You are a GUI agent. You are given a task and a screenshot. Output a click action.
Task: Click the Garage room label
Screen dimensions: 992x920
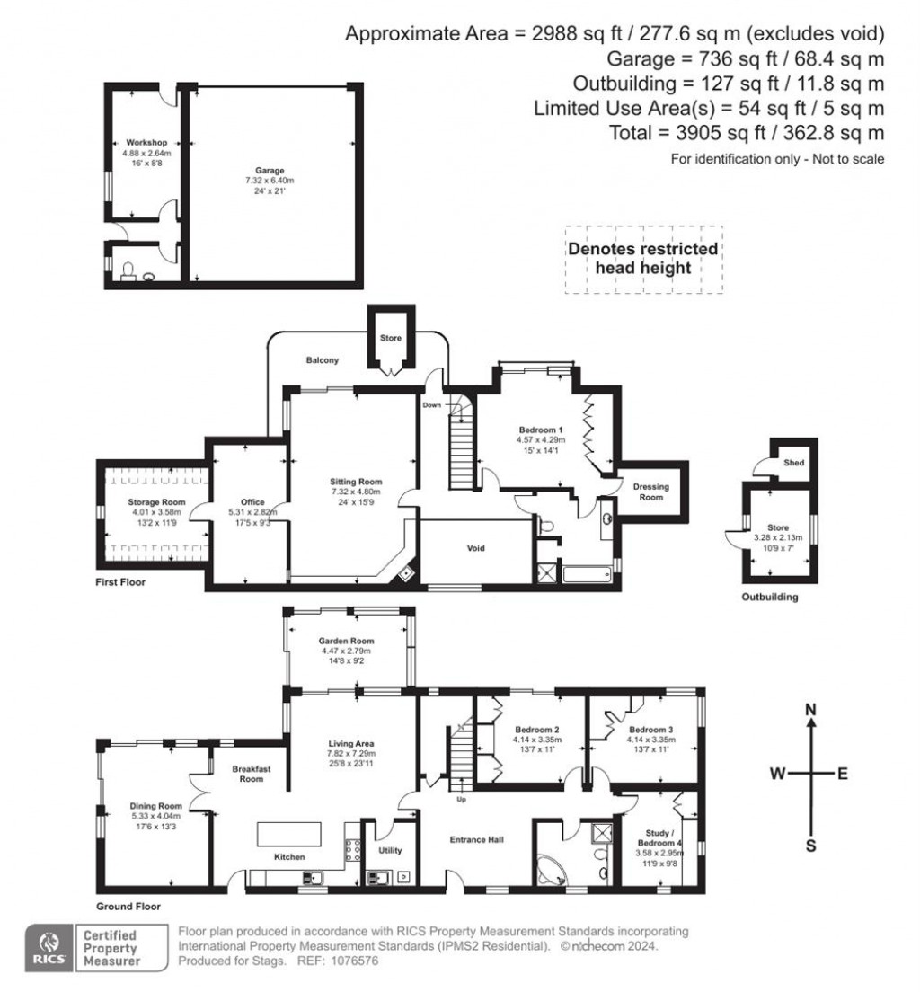click(269, 170)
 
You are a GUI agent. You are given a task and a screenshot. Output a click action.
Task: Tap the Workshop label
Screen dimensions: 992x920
click(146, 142)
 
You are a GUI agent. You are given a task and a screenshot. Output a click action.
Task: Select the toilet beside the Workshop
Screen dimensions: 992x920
click(128, 271)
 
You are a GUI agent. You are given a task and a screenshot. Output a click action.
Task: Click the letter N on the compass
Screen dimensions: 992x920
click(810, 710)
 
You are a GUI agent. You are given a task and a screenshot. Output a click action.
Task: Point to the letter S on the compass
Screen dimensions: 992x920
click(810, 846)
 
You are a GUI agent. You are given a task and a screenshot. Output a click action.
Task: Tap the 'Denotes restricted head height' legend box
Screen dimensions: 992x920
click(642, 258)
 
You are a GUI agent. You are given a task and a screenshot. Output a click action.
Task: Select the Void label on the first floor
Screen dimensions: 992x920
click(475, 547)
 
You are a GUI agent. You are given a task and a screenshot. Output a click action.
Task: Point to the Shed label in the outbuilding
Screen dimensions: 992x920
click(794, 464)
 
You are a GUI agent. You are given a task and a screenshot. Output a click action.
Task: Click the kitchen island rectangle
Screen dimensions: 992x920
click(289, 834)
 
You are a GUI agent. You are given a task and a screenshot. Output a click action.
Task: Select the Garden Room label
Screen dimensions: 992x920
click(347, 641)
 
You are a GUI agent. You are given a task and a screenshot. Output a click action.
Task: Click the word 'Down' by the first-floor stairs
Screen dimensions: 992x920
click(432, 405)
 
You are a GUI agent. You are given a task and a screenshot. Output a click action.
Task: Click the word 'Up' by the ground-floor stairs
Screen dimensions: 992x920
click(462, 799)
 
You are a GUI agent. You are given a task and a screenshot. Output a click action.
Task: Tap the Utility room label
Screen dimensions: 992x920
click(390, 850)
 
